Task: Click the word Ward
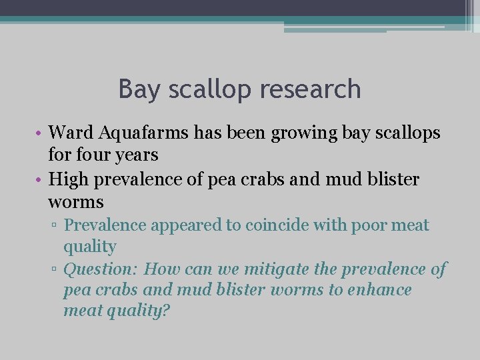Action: (x=71, y=133)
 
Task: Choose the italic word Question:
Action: (x=101, y=269)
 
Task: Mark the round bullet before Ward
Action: (x=41, y=133)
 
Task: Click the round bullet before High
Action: (x=41, y=179)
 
